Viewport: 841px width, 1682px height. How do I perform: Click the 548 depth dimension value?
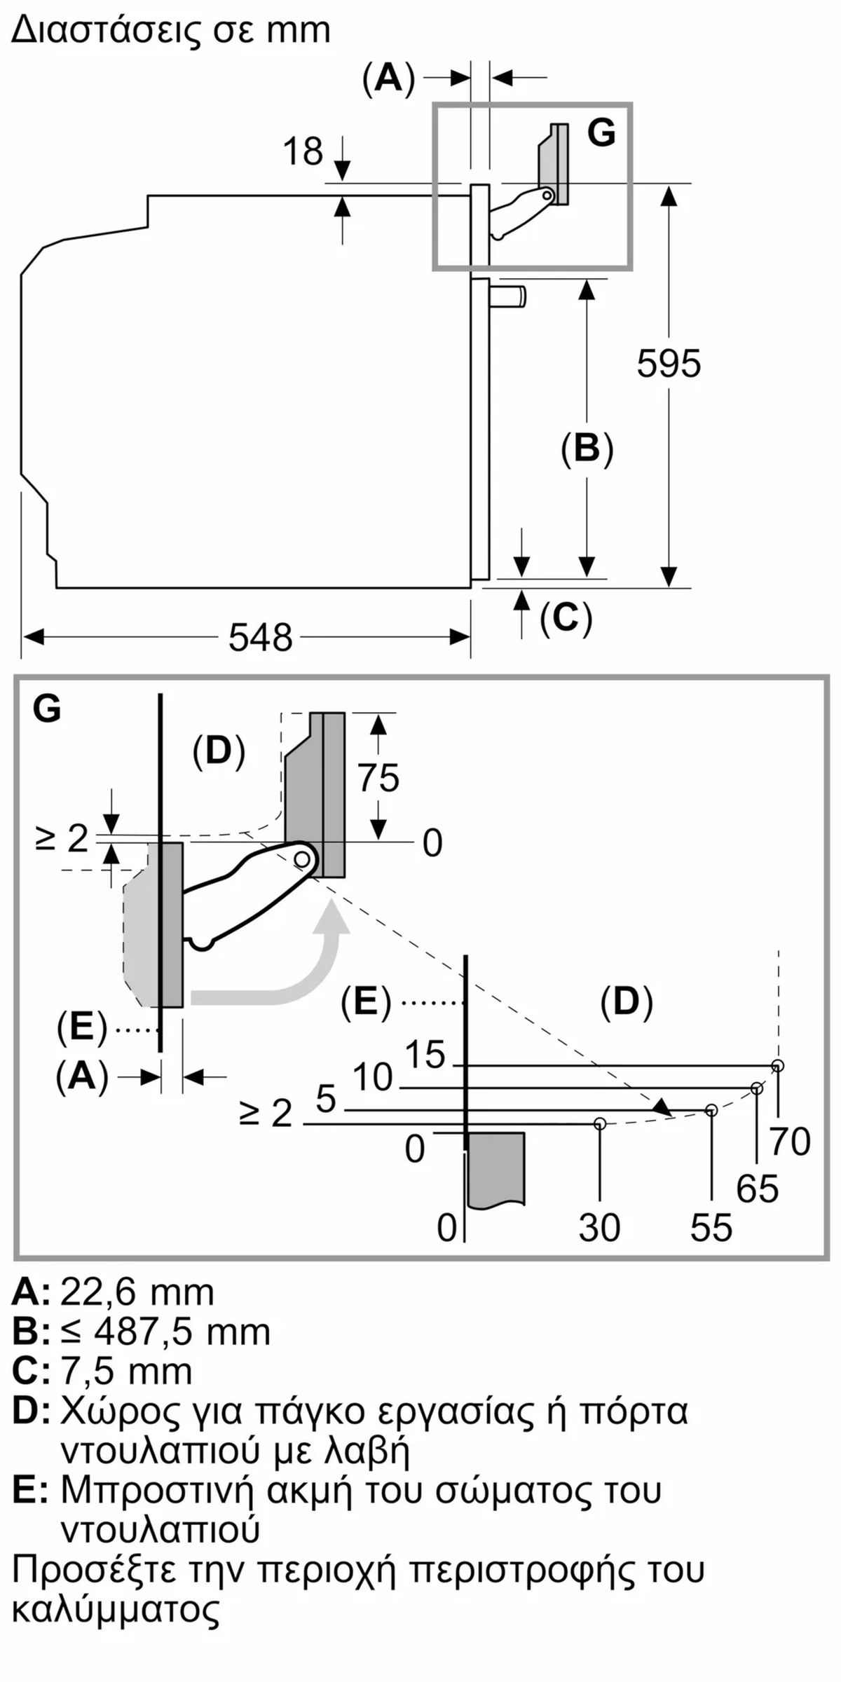261,638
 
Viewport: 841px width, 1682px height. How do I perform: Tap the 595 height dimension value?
669,363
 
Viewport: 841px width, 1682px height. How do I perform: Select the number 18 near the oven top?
303,151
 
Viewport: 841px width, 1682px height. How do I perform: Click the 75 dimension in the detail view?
378,777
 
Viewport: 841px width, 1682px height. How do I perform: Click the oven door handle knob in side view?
507,296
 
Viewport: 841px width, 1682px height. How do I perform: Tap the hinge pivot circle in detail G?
303,858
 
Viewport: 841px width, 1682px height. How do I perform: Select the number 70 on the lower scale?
791,1142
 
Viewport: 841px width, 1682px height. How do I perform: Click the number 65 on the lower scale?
758,1189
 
